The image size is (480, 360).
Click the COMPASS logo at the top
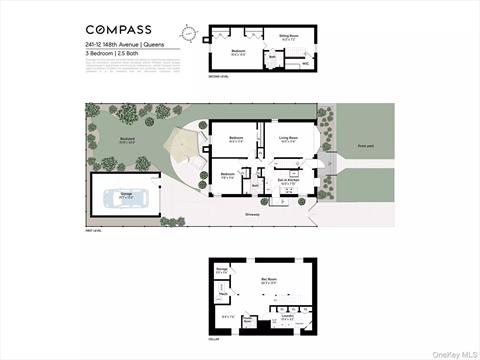pyautogui.click(x=114, y=29)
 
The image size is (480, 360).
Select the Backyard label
pyautogui.click(x=128, y=141)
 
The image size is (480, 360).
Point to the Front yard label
pyautogui.click(x=366, y=146)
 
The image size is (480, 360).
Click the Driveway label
pyautogui.click(x=252, y=213)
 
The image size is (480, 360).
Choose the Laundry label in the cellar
pyautogui.click(x=288, y=315)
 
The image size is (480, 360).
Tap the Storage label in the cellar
pyautogui.click(x=221, y=270)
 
